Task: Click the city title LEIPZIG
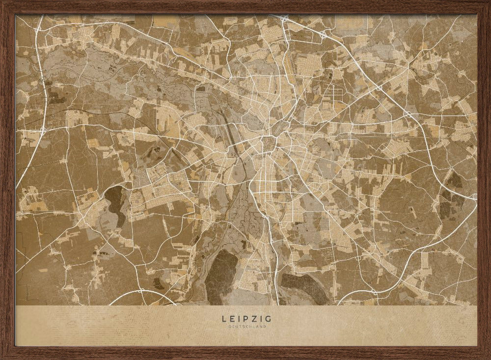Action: pos(245,319)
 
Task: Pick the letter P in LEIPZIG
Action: pos(244,319)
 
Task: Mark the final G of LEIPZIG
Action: pos(267,319)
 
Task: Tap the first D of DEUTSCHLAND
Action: pos(229,327)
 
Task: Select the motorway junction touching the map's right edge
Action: pos(474,196)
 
